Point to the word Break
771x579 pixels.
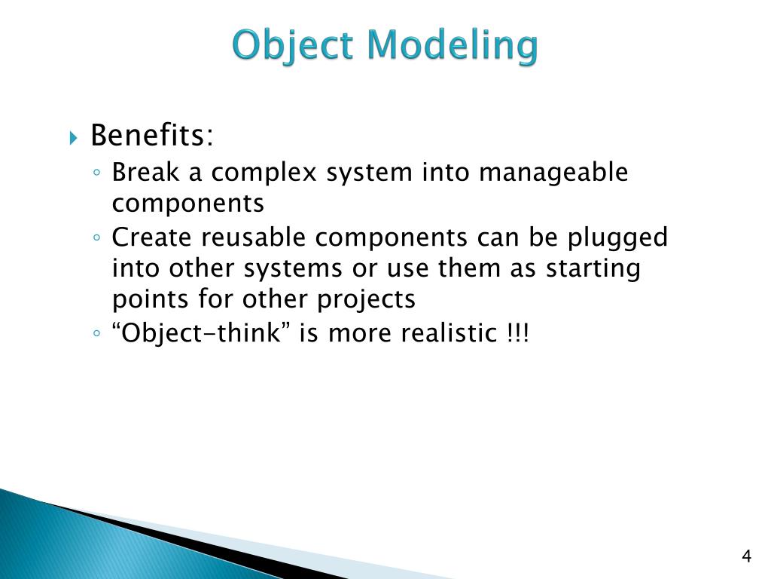146,173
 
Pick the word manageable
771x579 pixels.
553,173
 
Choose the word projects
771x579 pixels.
366,299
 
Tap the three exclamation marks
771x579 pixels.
518,332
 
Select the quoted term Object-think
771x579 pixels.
202,332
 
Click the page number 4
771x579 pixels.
746,557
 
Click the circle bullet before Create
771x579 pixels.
98,239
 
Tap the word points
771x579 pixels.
151,299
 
